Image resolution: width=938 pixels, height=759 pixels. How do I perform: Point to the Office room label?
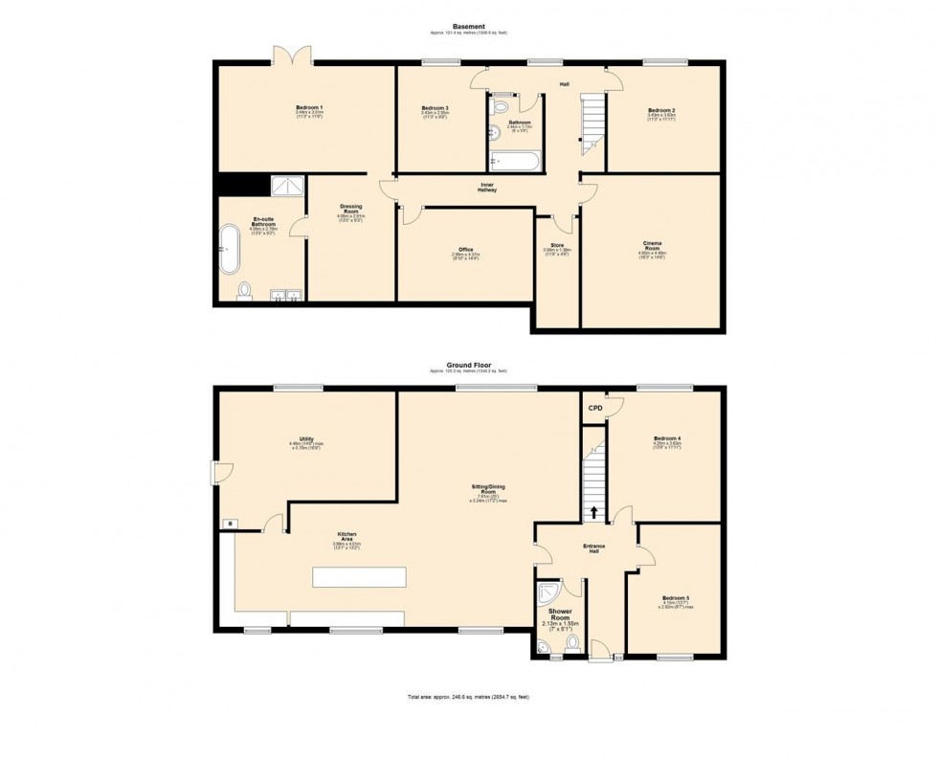click(465, 250)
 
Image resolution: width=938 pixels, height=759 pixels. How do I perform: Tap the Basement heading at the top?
click(468, 26)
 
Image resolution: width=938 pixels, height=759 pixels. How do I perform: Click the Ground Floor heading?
click(468, 364)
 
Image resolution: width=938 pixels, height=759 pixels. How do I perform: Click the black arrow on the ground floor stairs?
click(595, 512)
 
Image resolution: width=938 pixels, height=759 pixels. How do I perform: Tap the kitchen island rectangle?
click(359, 577)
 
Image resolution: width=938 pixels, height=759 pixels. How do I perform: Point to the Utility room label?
click(306, 439)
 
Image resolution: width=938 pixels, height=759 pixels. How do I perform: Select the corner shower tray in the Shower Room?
click(547, 593)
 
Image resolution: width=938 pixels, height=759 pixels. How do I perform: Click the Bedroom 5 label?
click(676, 598)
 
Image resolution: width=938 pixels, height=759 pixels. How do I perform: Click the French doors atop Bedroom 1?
click(292, 56)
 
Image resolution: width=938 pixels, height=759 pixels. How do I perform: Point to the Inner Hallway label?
click(488, 186)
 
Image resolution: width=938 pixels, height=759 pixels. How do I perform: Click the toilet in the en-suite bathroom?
click(244, 289)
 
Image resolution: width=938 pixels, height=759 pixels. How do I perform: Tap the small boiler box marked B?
click(228, 523)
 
